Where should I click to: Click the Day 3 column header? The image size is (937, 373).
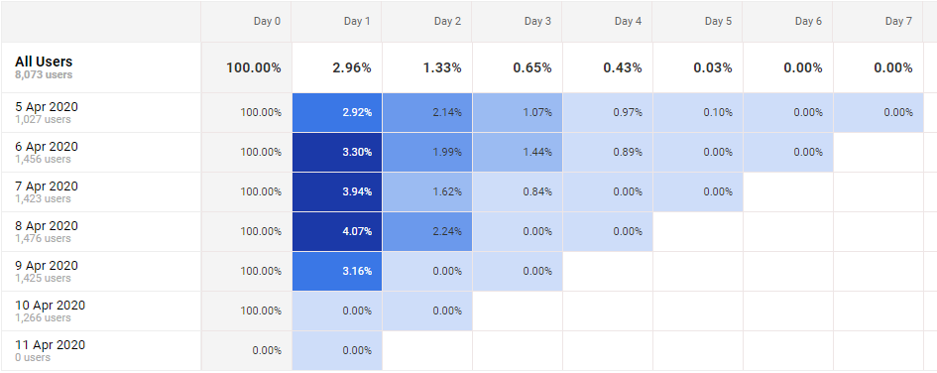538,21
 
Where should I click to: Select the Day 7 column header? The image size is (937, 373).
897,21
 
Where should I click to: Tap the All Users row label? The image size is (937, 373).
44,62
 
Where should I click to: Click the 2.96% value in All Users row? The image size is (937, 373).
351,68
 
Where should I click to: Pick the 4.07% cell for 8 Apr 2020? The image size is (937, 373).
356,231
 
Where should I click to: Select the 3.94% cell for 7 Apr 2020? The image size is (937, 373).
356,191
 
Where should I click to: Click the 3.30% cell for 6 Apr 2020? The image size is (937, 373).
356,152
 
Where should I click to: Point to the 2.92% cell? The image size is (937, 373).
356,112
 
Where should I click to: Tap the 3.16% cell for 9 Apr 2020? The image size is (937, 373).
356,271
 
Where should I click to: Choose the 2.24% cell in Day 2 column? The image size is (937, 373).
447,231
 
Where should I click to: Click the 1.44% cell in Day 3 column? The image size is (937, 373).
536,152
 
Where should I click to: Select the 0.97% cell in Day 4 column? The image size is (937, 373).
627,112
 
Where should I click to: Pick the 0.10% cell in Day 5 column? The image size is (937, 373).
717,112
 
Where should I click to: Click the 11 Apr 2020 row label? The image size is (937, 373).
50,345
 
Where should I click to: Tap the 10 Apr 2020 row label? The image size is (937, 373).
50,306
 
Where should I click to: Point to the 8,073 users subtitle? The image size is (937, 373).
44,74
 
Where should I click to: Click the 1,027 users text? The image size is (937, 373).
43,119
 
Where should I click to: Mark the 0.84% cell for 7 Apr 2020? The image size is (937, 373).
536,191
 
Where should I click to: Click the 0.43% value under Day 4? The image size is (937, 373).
622,68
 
